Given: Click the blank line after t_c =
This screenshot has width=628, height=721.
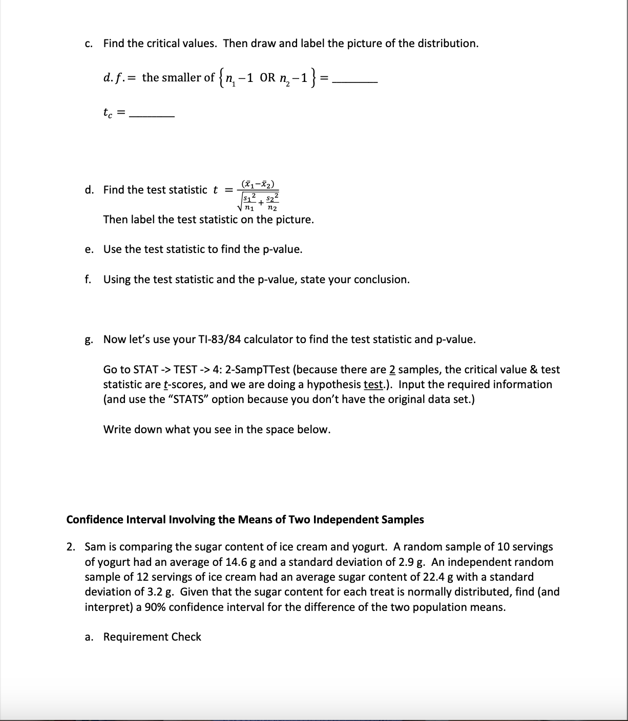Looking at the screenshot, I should [x=152, y=116].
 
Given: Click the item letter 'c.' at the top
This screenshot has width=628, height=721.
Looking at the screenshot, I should [x=89, y=44].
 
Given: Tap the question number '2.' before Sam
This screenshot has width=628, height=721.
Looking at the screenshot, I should [x=71, y=547].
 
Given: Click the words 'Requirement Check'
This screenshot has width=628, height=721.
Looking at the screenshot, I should [x=152, y=637].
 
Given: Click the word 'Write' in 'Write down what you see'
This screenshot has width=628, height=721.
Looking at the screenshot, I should [x=117, y=430].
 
